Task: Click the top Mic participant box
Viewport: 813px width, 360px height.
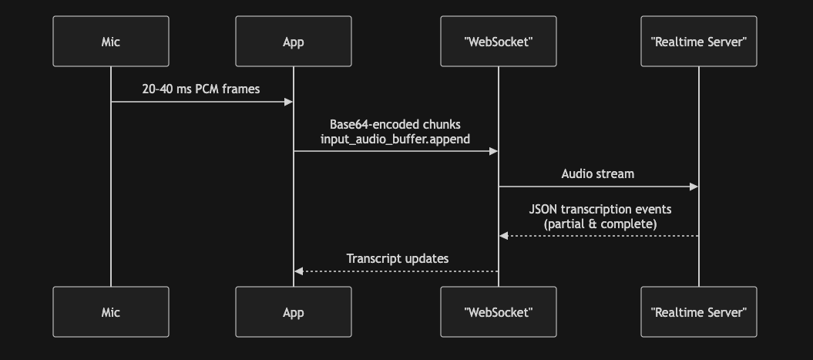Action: (x=111, y=42)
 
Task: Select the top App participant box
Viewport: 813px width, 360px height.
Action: (x=293, y=42)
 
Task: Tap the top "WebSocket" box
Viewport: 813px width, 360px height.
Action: (x=498, y=42)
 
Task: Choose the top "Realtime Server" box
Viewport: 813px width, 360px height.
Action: (x=698, y=42)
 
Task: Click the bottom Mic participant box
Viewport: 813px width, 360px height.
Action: (x=111, y=312)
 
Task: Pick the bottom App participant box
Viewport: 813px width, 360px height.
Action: (x=293, y=312)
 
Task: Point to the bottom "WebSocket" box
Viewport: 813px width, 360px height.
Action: (x=498, y=312)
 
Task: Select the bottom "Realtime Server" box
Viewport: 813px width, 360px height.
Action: (x=698, y=312)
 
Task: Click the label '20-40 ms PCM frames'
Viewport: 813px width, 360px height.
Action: (x=201, y=89)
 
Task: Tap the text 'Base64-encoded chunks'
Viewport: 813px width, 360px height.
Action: (x=395, y=124)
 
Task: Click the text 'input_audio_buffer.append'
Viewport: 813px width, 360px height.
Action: (x=395, y=139)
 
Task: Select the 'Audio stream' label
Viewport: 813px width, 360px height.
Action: (x=598, y=173)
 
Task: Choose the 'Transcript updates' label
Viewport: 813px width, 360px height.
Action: (x=397, y=259)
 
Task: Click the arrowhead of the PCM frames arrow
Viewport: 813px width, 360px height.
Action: (x=289, y=102)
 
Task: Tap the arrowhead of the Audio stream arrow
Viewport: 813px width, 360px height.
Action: (x=694, y=187)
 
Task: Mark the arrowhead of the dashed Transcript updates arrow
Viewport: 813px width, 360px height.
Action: (x=298, y=271)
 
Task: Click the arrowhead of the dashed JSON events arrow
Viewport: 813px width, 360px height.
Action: (x=503, y=236)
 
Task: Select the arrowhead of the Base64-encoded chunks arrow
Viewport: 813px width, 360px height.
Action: (x=493, y=151)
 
